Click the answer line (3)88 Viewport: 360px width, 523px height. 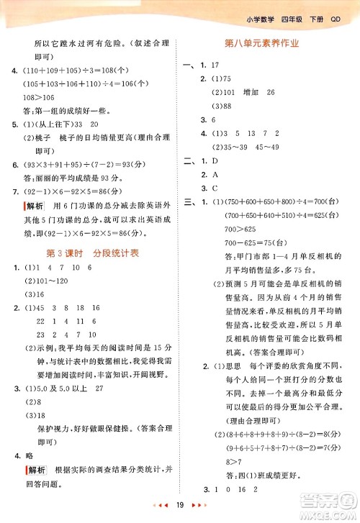221,106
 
